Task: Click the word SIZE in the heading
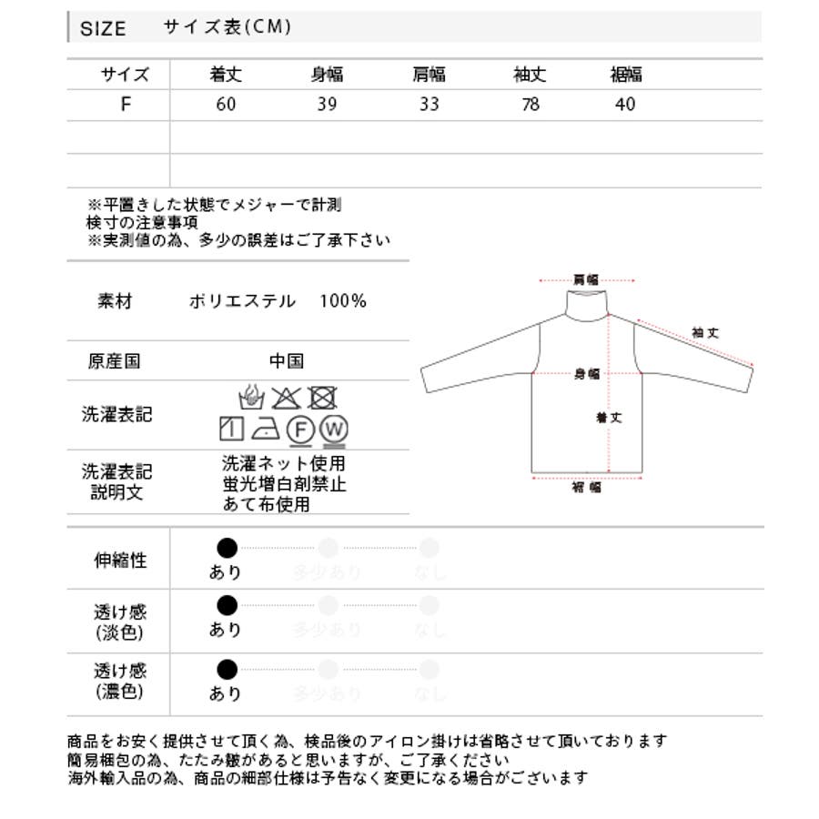pyautogui.click(x=103, y=28)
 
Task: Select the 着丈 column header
pyautogui.click(x=226, y=75)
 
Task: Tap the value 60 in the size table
pyautogui.click(x=226, y=104)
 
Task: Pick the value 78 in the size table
pyautogui.click(x=530, y=104)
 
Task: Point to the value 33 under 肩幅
pyautogui.click(x=429, y=104)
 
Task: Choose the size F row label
pyautogui.click(x=125, y=104)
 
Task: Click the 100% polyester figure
pyautogui.click(x=343, y=300)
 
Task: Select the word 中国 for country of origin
pyautogui.click(x=286, y=361)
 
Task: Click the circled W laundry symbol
pyautogui.click(x=334, y=429)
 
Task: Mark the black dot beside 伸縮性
pyautogui.click(x=227, y=547)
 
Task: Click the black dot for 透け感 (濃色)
pyautogui.click(x=227, y=671)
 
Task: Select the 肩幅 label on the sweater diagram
pyautogui.click(x=585, y=280)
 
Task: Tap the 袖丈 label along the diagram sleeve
pyautogui.click(x=705, y=333)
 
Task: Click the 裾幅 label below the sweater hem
pyautogui.click(x=586, y=488)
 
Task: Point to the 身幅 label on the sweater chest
pyautogui.click(x=587, y=373)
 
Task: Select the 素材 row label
pyautogui.click(x=115, y=301)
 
